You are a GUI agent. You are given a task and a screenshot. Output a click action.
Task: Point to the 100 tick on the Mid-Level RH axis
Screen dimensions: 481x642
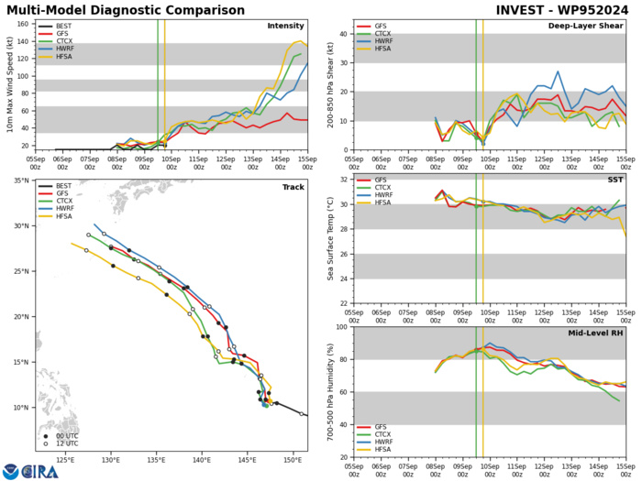(x=338, y=327)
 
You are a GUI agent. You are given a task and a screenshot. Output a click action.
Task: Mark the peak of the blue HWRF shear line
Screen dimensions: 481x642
(x=557, y=71)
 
